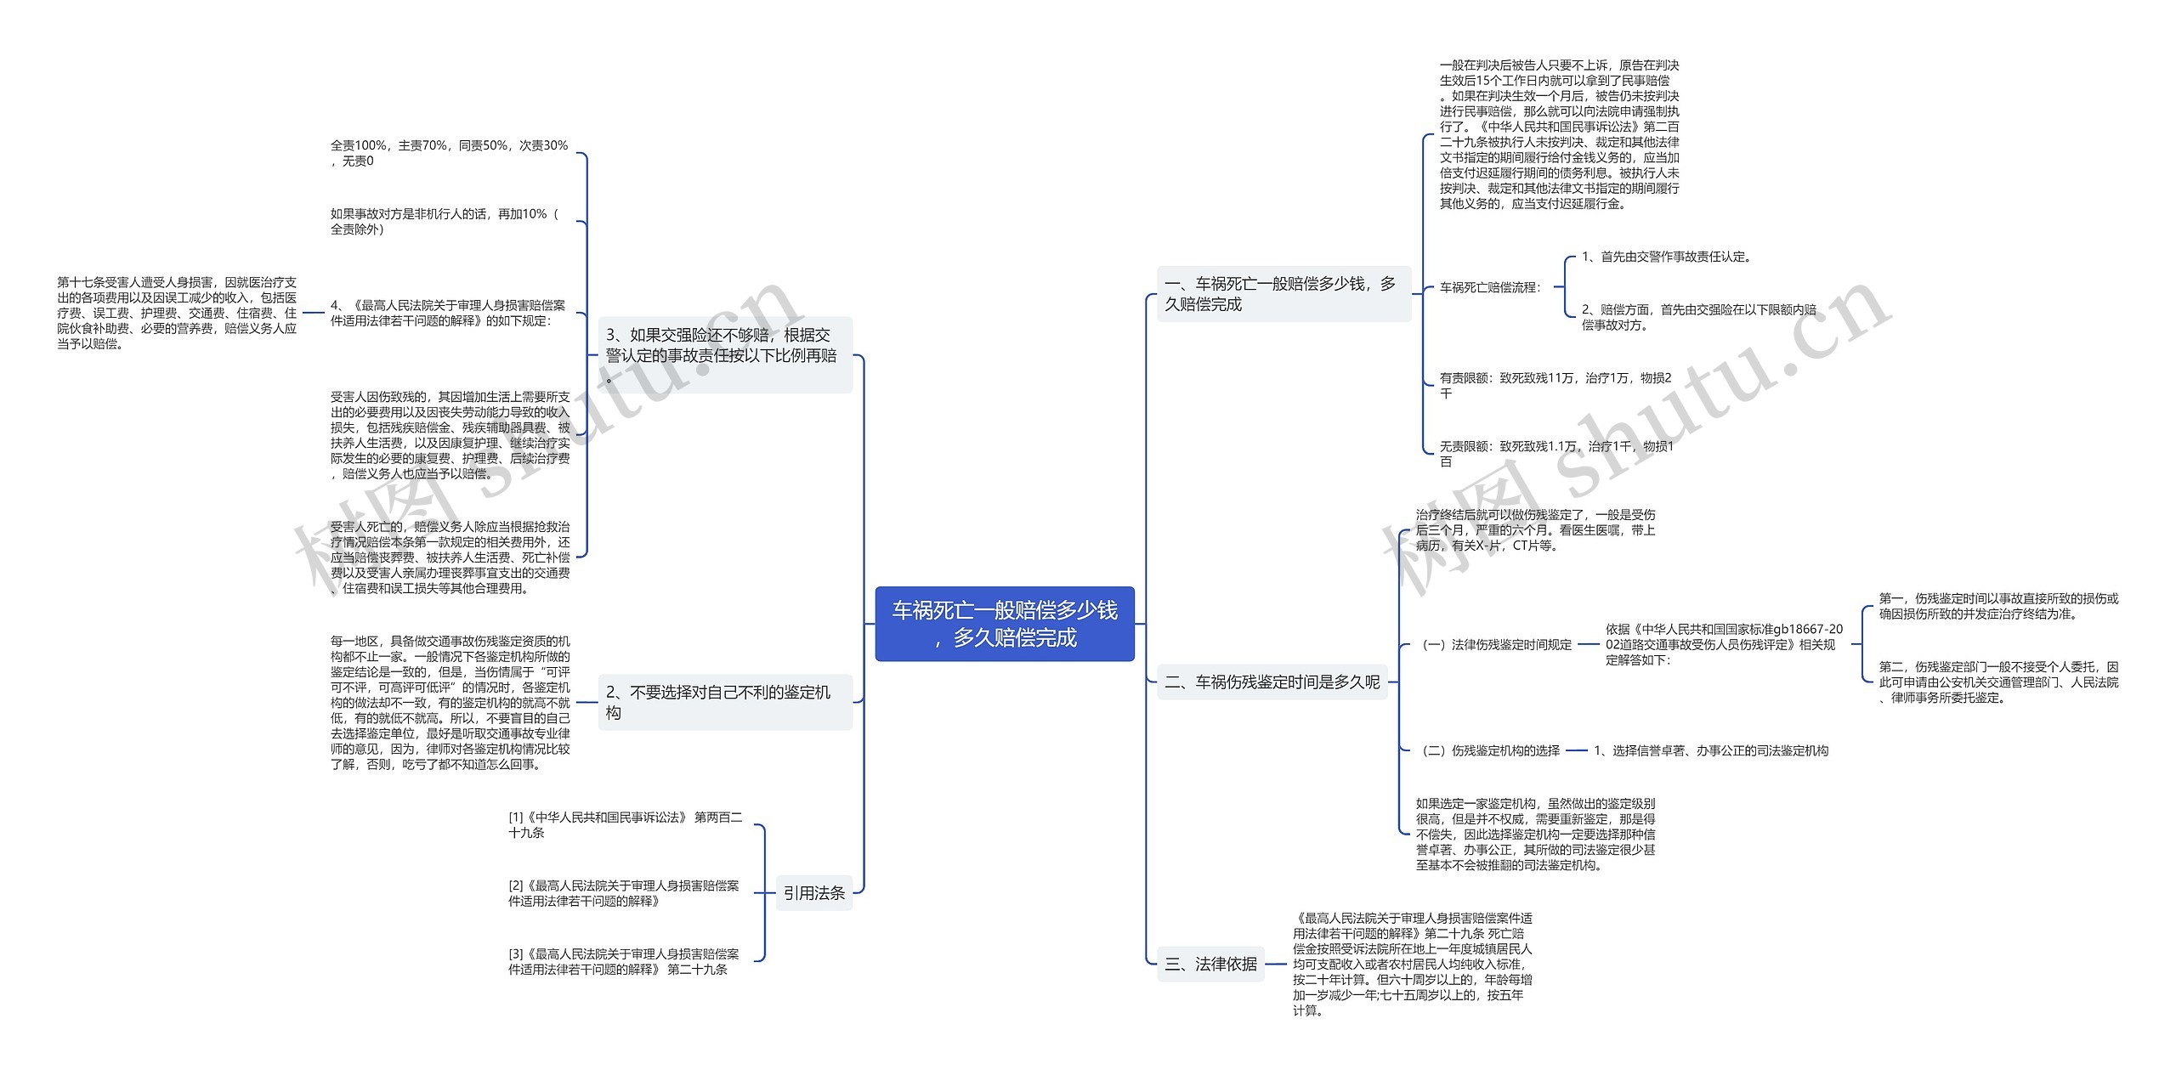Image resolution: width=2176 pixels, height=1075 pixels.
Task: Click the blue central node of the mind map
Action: point(1004,624)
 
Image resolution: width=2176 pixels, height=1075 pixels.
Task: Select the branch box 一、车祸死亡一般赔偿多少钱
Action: point(1283,294)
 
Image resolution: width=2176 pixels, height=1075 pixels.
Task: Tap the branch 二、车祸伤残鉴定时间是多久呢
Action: point(1272,682)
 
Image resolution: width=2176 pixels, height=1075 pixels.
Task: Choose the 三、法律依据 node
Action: point(1210,964)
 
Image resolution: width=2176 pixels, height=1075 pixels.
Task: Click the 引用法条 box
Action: point(813,892)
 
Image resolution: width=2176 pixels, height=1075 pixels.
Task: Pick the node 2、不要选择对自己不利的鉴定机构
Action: point(724,702)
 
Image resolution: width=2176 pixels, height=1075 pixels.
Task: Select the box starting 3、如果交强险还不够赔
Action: point(724,355)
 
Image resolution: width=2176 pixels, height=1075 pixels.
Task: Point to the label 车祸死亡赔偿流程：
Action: point(1490,287)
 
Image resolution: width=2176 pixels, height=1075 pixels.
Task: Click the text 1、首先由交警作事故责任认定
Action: point(1666,257)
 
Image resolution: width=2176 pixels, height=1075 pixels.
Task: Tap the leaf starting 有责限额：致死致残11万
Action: point(1555,385)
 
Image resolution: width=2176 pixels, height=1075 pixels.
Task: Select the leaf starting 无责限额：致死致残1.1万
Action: point(1555,453)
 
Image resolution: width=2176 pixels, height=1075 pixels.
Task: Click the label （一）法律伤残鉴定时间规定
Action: point(1497,644)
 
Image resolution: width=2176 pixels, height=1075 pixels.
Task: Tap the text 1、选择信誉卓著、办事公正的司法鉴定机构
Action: point(1711,750)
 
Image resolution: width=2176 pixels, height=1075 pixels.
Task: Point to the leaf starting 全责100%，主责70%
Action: point(449,153)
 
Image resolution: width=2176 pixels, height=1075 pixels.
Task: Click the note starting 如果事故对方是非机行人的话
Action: point(445,221)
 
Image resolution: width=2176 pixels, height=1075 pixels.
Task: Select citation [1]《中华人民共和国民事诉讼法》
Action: point(625,824)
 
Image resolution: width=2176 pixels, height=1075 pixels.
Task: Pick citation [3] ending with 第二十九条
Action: point(623,961)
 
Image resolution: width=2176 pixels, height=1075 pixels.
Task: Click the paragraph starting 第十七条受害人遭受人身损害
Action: point(177,313)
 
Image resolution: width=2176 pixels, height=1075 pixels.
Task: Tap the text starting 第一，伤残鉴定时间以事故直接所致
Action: point(1998,606)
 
